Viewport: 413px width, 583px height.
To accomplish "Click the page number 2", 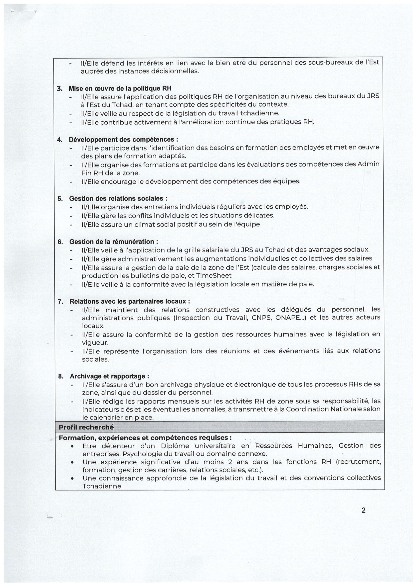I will (363, 510).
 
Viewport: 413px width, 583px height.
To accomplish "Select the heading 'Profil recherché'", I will (86, 427).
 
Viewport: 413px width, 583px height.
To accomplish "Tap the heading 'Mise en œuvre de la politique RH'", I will (120, 88).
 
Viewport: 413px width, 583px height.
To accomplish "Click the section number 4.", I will (59, 140).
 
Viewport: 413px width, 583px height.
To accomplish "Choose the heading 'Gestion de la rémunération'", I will (113, 242).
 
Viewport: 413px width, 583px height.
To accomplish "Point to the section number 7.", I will (60, 302).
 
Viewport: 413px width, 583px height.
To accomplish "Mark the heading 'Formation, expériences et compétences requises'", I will (145, 438).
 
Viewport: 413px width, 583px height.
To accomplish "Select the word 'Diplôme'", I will (175, 446).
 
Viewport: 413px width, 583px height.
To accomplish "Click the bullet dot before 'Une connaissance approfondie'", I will (72, 478).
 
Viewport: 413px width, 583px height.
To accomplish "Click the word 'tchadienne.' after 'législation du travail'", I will (260, 113).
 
